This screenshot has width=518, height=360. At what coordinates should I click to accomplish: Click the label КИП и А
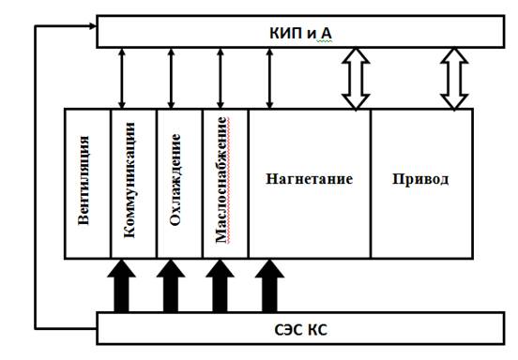coord(300,33)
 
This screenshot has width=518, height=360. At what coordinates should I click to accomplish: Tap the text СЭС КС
coord(300,330)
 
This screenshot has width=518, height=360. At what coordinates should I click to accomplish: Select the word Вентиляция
coord(84,180)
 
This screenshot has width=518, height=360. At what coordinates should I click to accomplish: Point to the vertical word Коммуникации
coord(129,180)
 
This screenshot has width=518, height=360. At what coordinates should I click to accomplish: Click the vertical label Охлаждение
coord(175,179)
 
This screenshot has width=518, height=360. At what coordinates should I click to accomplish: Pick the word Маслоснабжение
coord(221,180)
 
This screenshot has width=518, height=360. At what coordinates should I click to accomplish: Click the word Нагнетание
coord(310,179)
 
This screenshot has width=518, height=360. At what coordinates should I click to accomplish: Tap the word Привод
coord(420,179)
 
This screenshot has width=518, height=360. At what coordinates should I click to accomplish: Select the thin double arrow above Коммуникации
coord(122,79)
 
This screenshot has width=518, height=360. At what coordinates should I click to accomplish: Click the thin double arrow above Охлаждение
coord(171,79)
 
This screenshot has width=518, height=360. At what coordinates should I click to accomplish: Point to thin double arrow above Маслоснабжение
coord(221,79)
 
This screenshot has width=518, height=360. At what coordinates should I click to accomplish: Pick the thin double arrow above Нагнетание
coord(269,79)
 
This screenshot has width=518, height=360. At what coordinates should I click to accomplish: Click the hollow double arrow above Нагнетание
coord(356,79)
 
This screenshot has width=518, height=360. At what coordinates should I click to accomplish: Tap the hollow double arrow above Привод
coord(454,79)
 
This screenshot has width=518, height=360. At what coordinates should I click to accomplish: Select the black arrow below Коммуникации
coord(122,286)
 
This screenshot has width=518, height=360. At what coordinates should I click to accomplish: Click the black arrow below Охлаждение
coord(171,286)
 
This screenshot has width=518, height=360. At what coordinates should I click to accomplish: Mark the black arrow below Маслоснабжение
coord(220,286)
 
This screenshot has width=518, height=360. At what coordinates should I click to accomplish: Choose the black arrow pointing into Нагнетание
coord(269,286)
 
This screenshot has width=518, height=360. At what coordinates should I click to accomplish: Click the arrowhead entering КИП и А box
coord(93,25)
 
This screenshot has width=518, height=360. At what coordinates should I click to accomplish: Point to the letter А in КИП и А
coord(326,33)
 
